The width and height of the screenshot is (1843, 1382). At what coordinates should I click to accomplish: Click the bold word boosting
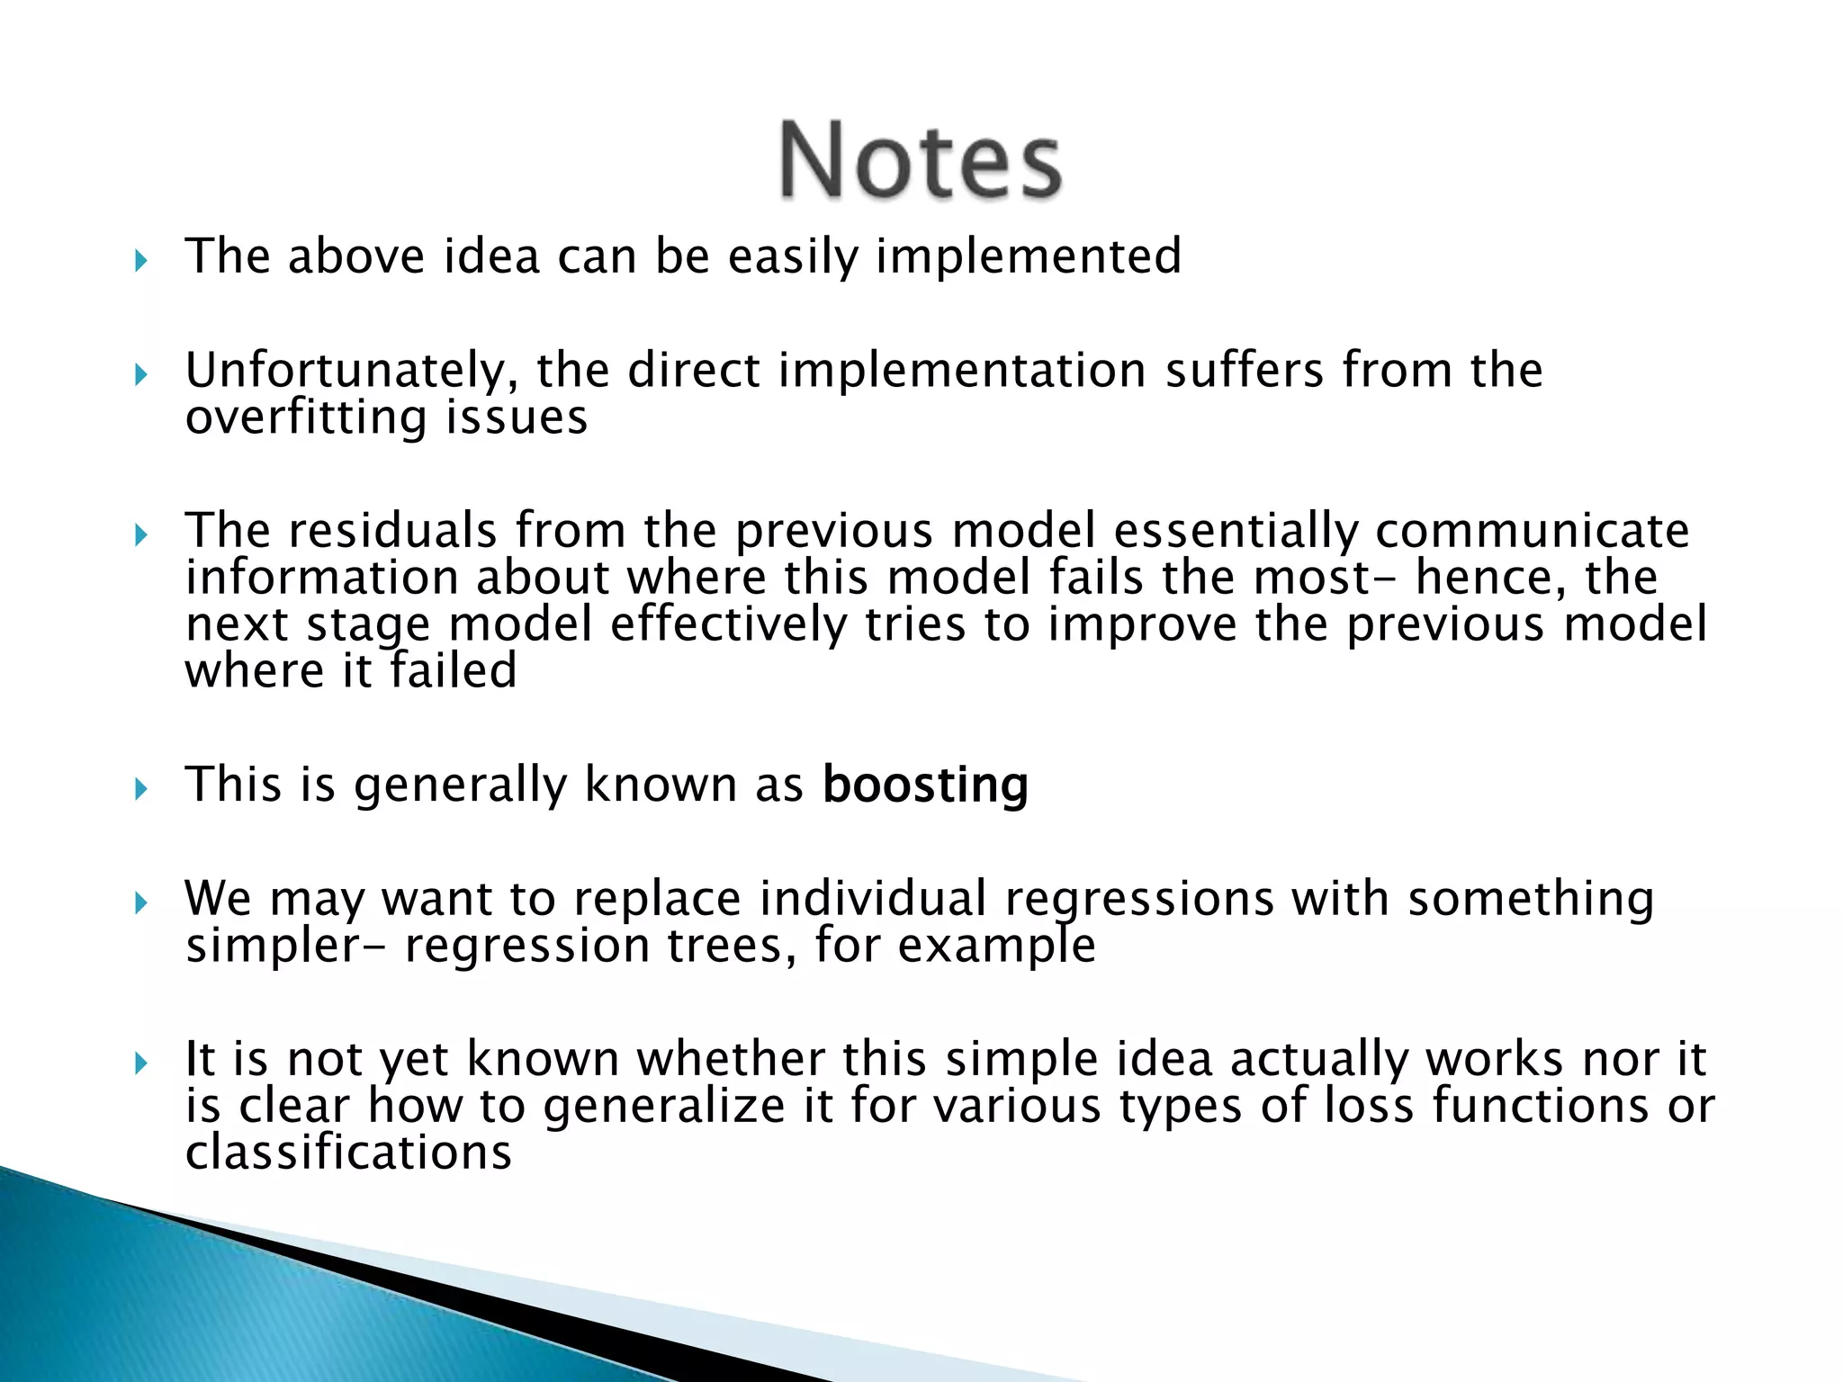point(925,785)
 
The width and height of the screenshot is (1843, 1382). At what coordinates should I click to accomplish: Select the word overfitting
point(306,417)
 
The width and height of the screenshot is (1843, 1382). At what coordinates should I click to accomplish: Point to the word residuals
point(392,530)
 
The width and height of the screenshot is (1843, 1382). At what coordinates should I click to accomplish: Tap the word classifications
point(348,1153)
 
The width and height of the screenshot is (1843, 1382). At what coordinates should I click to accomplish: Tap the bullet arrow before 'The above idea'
point(140,262)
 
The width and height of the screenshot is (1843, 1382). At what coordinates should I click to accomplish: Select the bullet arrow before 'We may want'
point(140,903)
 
